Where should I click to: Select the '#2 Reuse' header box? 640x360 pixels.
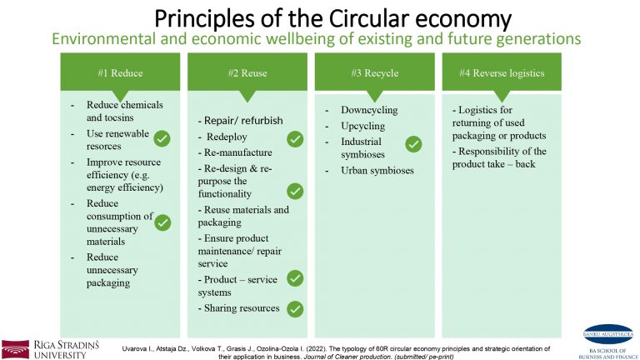(x=247, y=72)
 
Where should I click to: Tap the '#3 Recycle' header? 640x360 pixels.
(x=374, y=72)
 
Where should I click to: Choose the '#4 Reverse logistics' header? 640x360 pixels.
(x=502, y=72)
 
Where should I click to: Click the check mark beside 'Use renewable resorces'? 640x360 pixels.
(x=162, y=139)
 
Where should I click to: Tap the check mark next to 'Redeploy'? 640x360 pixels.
(x=295, y=138)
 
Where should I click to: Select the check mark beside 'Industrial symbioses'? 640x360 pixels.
(x=413, y=145)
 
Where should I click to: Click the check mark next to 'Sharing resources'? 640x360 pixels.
(x=295, y=309)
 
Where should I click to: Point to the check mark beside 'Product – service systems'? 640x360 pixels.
(x=295, y=278)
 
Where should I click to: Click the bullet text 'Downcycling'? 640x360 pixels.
(x=369, y=110)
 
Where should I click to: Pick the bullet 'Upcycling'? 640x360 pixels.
(x=362, y=126)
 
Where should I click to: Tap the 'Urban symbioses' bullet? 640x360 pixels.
(x=377, y=171)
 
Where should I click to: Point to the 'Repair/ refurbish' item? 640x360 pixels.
(x=242, y=120)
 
